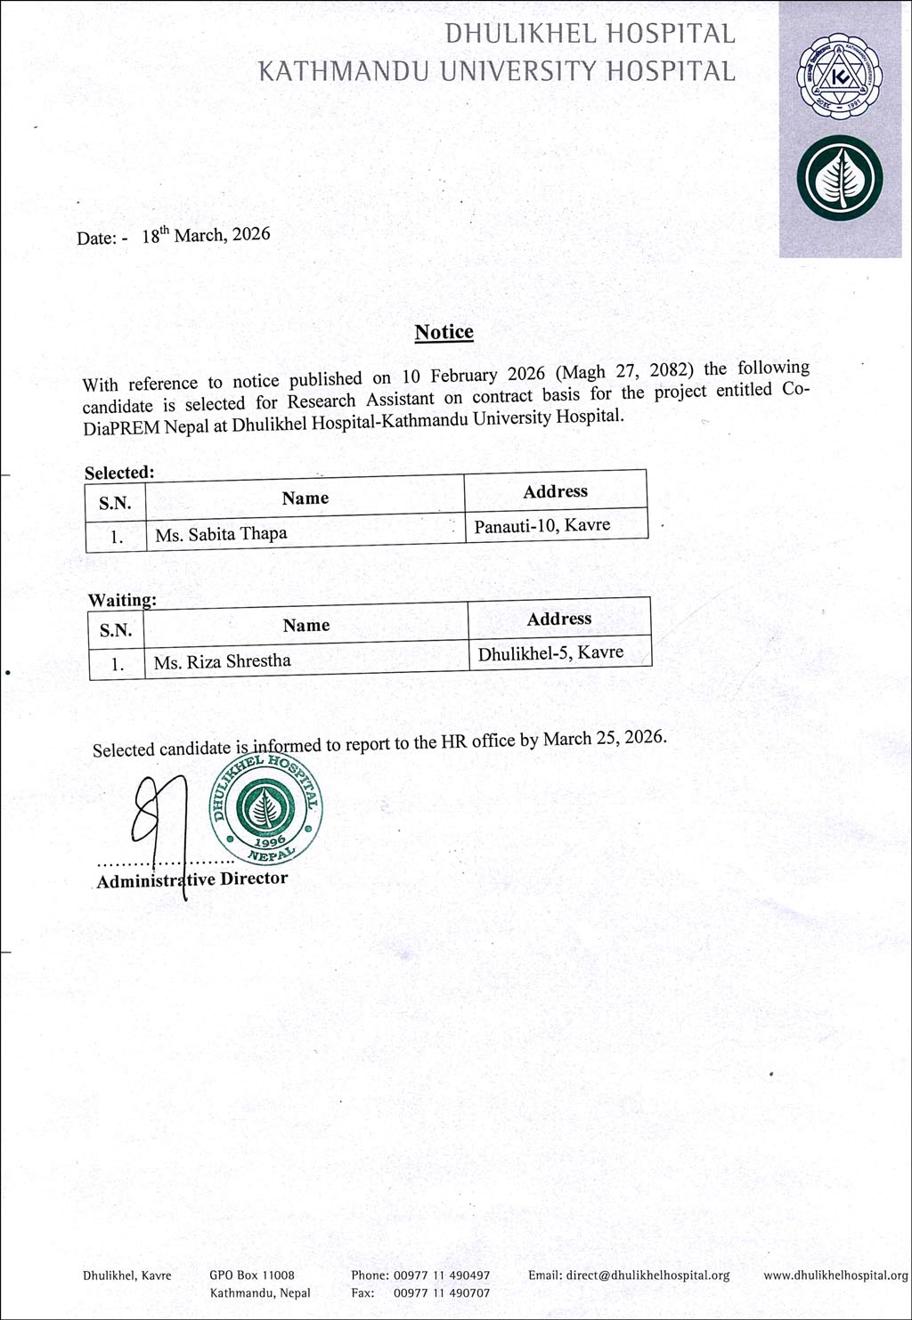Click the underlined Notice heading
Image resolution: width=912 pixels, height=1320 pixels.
(444, 332)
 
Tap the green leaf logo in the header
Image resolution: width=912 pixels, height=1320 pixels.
(839, 178)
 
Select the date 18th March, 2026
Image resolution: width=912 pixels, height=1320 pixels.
(206, 235)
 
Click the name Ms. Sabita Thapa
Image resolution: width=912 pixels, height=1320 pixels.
(221, 534)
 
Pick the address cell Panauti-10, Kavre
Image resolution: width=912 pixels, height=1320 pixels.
(542, 525)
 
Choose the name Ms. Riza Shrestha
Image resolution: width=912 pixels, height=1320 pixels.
(222, 661)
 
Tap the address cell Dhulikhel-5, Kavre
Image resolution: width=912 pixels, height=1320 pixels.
(550, 653)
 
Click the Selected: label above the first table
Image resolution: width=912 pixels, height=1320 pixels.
(119, 473)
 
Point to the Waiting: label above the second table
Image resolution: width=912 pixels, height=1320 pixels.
(122, 600)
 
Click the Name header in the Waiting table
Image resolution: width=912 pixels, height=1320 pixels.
(305, 626)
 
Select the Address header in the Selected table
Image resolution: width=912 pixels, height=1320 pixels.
(555, 491)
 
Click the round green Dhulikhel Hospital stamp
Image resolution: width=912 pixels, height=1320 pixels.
(265, 810)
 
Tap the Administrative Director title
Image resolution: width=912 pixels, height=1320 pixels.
(192, 879)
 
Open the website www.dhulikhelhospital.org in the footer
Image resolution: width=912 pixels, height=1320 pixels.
(835, 1275)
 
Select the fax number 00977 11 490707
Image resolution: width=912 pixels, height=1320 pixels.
(442, 1292)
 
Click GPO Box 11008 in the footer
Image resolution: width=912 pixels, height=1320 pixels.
(252, 1275)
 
